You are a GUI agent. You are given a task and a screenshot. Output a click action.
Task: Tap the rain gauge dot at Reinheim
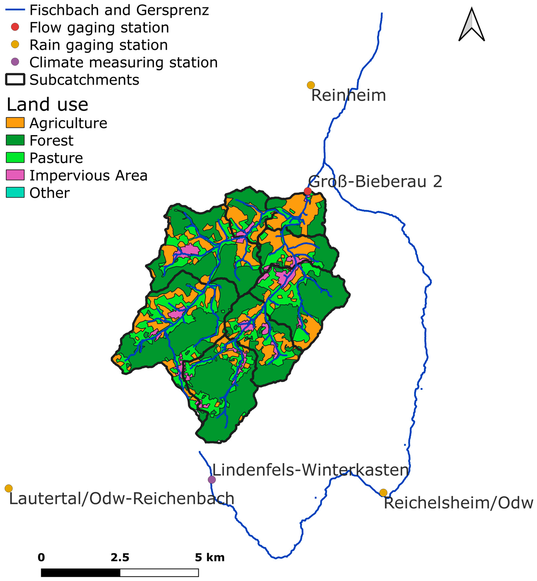[x=311, y=85]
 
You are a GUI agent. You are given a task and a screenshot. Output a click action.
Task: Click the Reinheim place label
[x=348, y=95]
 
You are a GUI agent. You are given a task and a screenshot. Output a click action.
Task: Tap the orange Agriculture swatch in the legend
[x=15, y=123]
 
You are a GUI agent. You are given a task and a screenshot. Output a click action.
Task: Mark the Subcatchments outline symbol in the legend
[x=15, y=80]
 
